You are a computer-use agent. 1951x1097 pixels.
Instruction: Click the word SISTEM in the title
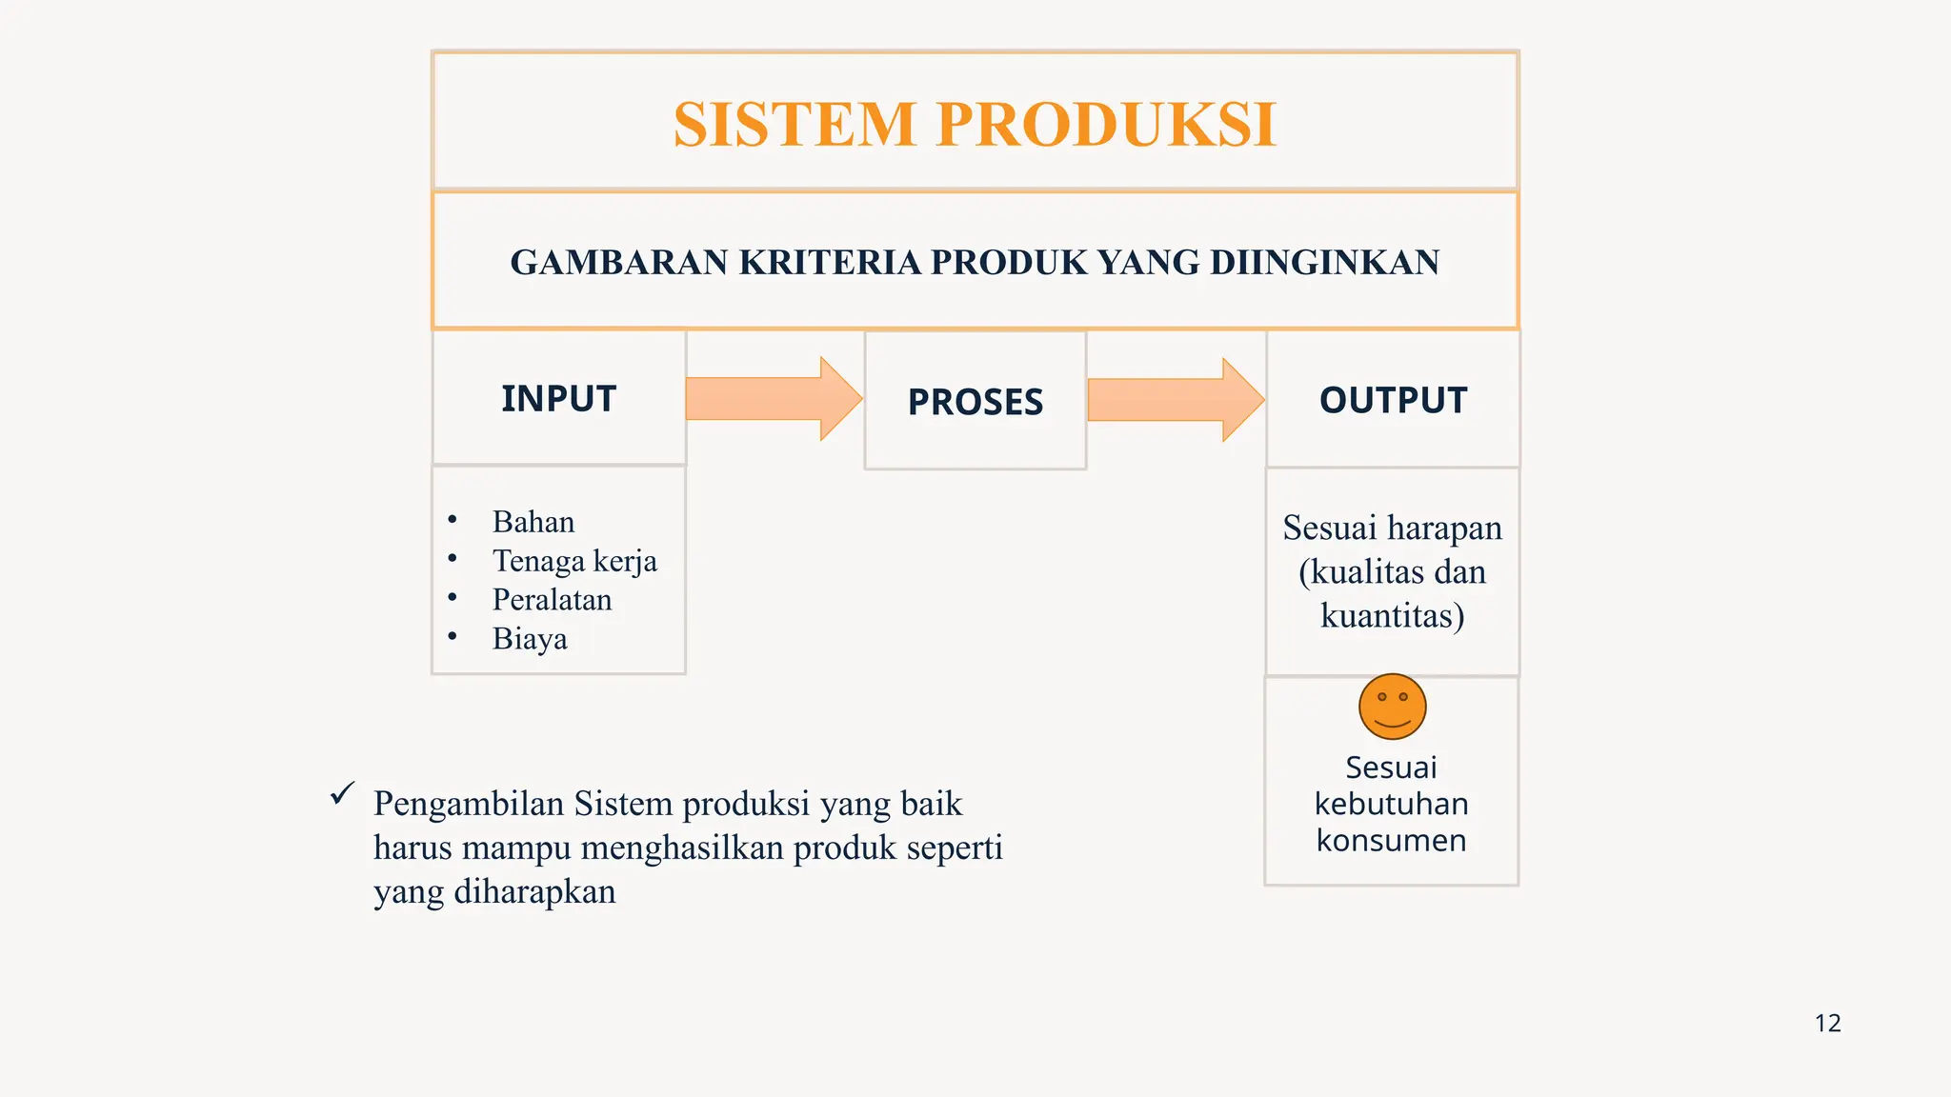794,125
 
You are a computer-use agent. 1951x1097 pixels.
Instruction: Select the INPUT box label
558,399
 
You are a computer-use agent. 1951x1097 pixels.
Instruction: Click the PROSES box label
975,402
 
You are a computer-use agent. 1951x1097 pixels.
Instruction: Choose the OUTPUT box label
1392,400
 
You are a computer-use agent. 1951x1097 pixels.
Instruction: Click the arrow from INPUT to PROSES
773,399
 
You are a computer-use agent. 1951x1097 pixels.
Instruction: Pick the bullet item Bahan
533,522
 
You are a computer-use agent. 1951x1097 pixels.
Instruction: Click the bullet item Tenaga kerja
574,561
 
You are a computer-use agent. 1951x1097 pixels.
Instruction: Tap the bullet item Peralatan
552,600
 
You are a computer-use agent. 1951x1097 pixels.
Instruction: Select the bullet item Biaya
529,639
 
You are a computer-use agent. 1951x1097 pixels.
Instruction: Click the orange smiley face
1392,707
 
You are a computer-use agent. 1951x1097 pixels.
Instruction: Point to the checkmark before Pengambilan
342,793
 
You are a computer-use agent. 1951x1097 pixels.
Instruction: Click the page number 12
1827,1024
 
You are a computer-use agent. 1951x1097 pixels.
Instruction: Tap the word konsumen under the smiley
1391,841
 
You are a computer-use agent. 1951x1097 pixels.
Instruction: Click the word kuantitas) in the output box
1392,616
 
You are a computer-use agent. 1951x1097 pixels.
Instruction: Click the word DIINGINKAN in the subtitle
1324,262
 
